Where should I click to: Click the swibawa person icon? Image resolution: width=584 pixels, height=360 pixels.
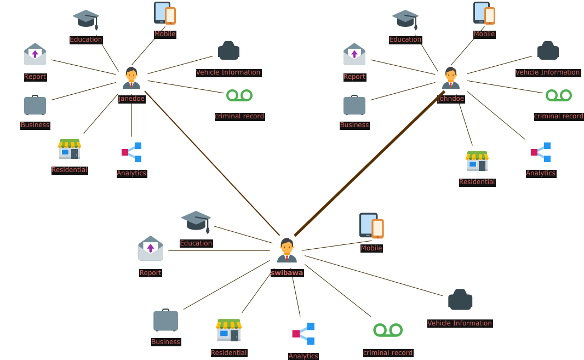tap(287, 251)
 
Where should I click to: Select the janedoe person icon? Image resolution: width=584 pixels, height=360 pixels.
tap(131, 78)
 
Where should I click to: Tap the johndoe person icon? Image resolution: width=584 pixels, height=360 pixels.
tap(451, 78)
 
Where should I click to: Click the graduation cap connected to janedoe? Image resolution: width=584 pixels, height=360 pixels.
tap(86, 20)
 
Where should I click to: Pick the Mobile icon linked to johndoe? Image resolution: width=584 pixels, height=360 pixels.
tap(484, 13)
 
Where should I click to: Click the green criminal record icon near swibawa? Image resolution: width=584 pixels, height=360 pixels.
tap(388, 330)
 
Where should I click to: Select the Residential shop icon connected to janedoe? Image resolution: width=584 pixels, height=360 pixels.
tap(70, 150)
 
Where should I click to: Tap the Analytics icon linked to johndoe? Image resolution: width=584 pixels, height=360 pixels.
tap(541, 152)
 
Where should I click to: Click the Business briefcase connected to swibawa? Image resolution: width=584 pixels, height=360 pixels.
tap(165, 321)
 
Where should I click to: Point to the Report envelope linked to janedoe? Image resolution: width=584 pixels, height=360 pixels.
tap(35, 55)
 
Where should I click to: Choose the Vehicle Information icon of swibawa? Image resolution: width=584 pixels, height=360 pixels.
tap(460, 300)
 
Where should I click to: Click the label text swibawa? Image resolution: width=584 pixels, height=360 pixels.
tap(287, 273)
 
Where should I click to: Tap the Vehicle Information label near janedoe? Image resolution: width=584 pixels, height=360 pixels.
tap(228, 72)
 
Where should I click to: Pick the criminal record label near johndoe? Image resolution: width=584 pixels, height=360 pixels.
tap(558, 116)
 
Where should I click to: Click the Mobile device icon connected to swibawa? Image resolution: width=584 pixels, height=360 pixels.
tap(371, 226)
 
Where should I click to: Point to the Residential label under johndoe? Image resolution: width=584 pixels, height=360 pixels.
tap(477, 182)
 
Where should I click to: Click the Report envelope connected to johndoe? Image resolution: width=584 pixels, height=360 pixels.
tap(354, 55)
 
